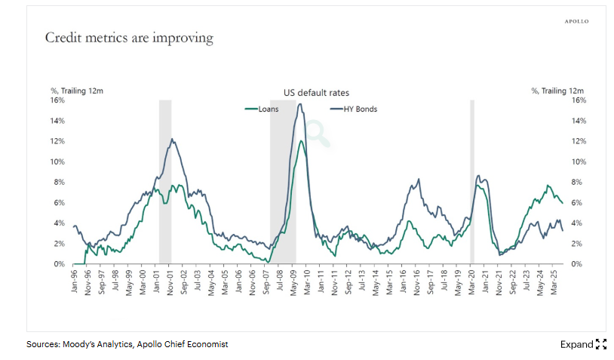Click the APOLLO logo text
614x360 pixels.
coord(576,21)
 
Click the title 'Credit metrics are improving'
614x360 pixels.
coord(129,37)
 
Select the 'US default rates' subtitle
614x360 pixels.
coord(316,93)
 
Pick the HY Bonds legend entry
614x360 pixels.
coord(355,109)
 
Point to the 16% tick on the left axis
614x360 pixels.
coord(57,100)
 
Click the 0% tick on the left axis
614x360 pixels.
coord(60,264)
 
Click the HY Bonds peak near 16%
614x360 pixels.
coord(300,104)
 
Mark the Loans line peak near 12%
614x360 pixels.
coord(302,141)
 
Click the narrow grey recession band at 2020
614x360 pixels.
coord(472,181)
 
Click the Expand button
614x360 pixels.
coord(583,344)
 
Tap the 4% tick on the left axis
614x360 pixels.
coord(60,223)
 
